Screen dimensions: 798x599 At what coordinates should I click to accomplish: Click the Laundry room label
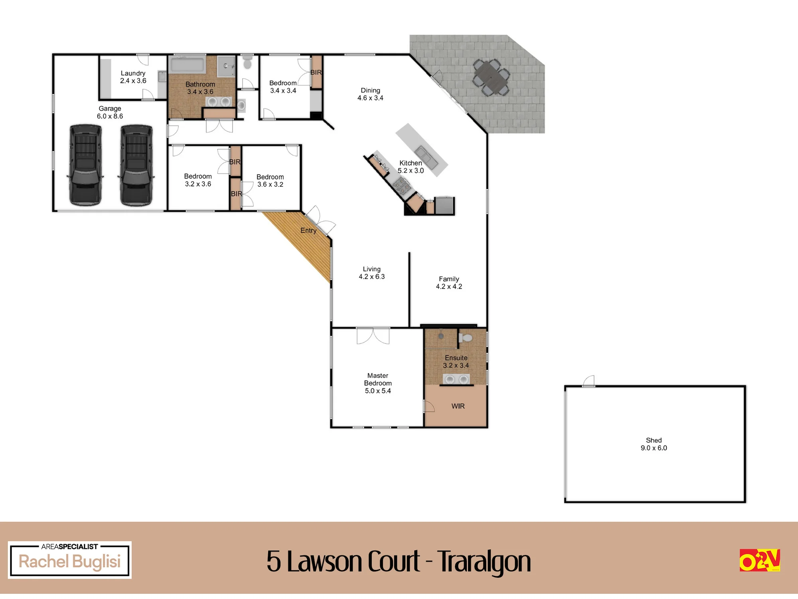point(133,77)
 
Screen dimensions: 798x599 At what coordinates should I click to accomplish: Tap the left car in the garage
point(85,165)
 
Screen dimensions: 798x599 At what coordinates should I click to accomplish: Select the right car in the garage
point(136,165)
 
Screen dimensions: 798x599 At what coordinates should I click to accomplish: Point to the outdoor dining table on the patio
point(491,77)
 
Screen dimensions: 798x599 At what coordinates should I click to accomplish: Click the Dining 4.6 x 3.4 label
point(370,94)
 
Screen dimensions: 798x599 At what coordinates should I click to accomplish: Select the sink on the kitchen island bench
point(427,157)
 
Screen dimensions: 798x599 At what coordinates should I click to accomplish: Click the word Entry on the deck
point(308,230)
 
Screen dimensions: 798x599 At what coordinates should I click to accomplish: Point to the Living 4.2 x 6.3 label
point(372,273)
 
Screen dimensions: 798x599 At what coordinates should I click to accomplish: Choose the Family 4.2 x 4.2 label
point(449,283)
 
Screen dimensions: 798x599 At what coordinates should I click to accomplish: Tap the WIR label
point(458,406)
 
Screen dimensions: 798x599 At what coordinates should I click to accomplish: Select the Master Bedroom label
point(378,383)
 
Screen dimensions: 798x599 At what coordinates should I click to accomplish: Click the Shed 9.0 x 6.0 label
point(654,444)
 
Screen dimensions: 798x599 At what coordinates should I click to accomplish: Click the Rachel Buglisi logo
point(70,560)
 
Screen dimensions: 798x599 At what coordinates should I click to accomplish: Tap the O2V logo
point(760,560)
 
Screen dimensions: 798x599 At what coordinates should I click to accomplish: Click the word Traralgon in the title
point(484,562)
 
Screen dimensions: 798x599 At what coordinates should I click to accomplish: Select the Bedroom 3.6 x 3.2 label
point(270,180)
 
